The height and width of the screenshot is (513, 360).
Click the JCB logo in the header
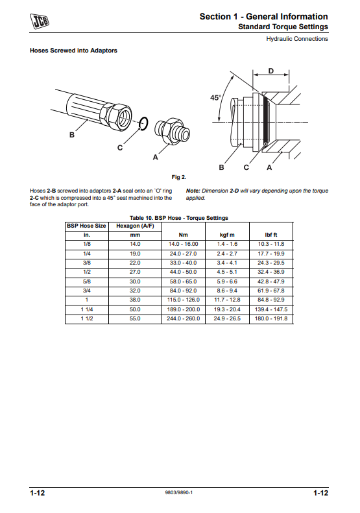point(40,21)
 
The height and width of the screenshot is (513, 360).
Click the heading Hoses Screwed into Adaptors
point(73,51)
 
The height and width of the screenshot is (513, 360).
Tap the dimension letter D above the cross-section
point(270,71)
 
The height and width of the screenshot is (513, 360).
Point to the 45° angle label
point(215,97)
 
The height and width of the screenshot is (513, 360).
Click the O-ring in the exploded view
point(143,123)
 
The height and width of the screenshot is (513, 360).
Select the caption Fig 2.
point(178,177)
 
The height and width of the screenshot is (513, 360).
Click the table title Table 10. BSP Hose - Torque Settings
point(179,218)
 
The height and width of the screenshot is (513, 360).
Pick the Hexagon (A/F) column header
point(135,226)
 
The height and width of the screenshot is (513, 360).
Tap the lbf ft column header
point(271,235)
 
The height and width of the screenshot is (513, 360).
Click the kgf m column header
point(227,235)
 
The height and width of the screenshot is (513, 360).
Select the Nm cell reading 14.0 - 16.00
point(184,244)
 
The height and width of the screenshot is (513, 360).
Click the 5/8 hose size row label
point(87,281)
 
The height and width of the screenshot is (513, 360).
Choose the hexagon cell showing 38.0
point(135,300)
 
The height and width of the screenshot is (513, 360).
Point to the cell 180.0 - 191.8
point(271,318)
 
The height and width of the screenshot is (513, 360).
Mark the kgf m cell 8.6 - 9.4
point(227,291)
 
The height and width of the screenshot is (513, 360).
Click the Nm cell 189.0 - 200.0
point(184,309)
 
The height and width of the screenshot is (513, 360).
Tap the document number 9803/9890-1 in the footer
point(178,493)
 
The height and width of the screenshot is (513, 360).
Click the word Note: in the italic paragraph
point(193,191)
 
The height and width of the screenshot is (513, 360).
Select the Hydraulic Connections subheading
point(297,39)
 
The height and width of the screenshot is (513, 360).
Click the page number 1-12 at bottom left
point(38,493)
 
